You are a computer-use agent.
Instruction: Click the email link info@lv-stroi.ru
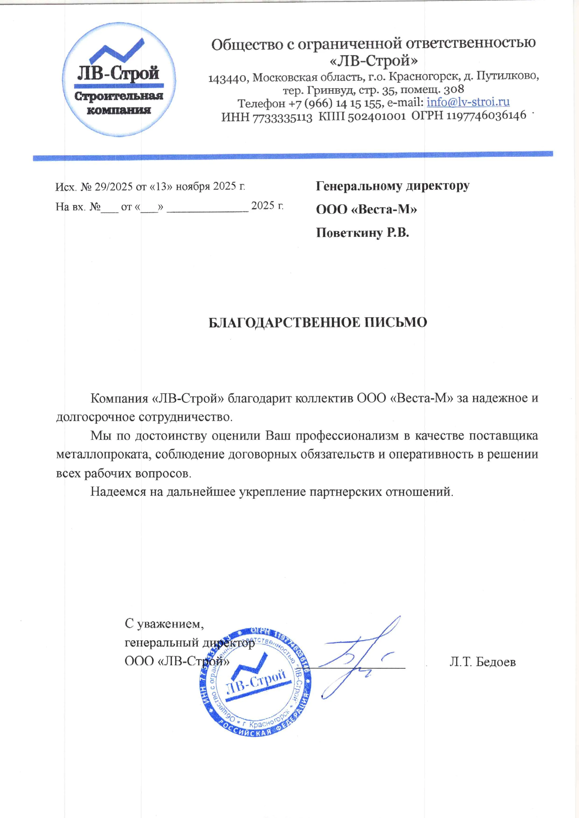click(468, 102)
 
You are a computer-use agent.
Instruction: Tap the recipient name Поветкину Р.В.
click(362, 233)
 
